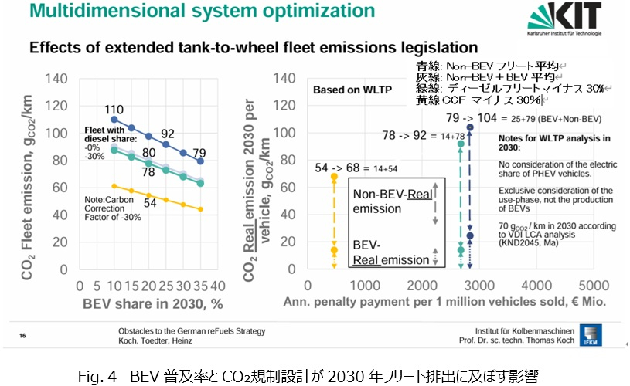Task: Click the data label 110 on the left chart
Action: point(115,109)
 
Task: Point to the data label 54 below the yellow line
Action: point(151,202)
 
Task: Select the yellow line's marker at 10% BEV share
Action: point(114,186)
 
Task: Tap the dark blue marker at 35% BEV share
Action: point(202,161)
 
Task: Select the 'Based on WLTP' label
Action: point(341,90)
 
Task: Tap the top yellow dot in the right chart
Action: point(334,177)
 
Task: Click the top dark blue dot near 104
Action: point(469,127)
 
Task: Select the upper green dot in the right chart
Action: point(461,144)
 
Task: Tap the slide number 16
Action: point(22,335)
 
